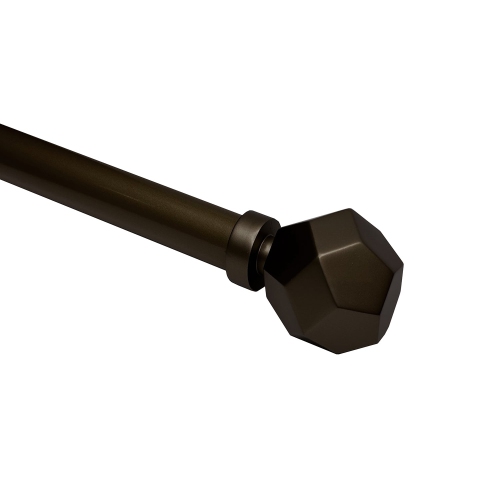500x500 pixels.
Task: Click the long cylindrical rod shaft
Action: [120, 185]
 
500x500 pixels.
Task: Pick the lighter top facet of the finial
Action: [335, 225]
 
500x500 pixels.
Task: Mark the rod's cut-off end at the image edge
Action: [3, 150]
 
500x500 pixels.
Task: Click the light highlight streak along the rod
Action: [120, 170]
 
